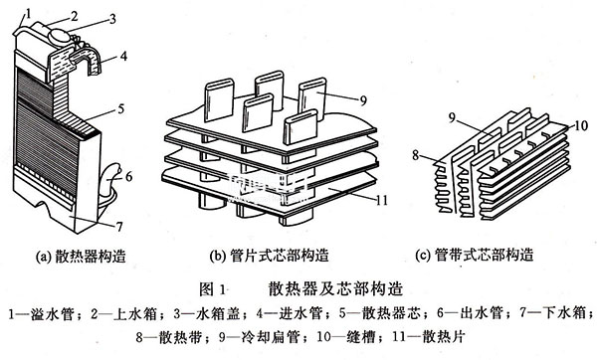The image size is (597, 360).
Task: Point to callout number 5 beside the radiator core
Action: coord(120,108)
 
